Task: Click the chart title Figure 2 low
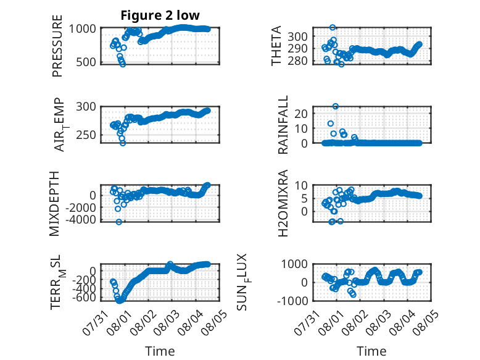pyautogui.click(x=160, y=15)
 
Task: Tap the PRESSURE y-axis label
pyautogui.click(x=57, y=46)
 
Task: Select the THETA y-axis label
pyautogui.click(x=276, y=46)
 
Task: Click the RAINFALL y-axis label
pyautogui.click(x=283, y=124)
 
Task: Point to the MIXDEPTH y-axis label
pyautogui.click(x=54, y=203)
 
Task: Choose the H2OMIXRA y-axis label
pyautogui.click(x=283, y=203)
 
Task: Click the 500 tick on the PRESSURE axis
pyautogui.click(x=86, y=62)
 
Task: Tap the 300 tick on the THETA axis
pyautogui.click(x=297, y=36)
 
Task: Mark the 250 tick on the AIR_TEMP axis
pyautogui.click(x=86, y=135)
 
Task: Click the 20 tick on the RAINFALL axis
pyautogui.click(x=301, y=114)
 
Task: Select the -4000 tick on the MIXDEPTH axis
pyautogui.click(x=80, y=219)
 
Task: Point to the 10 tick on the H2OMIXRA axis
pyautogui.click(x=301, y=185)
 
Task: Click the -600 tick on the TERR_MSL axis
pyautogui.click(x=84, y=297)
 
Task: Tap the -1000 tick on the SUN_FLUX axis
pyautogui.click(x=292, y=301)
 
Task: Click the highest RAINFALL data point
pyautogui.click(x=336, y=106)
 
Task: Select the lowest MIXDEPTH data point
pyautogui.click(x=119, y=222)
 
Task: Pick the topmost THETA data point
pyautogui.click(x=333, y=27)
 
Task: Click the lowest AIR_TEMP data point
pyautogui.click(x=123, y=143)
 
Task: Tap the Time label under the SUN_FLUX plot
pyautogui.click(x=371, y=351)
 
